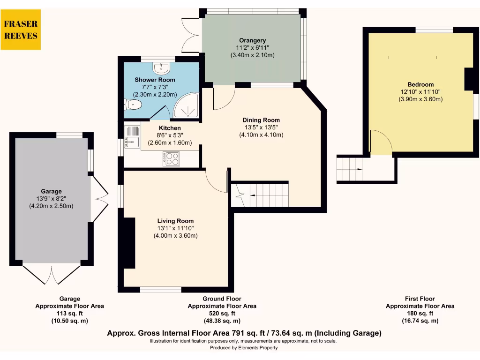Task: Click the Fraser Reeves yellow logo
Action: [x=21, y=30]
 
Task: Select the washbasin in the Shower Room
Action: [x=162, y=68]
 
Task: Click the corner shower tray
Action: [x=187, y=106]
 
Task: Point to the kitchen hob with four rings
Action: [x=172, y=159]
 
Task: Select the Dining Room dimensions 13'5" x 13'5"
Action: [x=261, y=127]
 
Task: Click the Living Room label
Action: [x=175, y=221]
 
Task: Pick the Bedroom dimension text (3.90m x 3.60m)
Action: [x=420, y=99]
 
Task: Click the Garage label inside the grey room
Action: [x=51, y=191]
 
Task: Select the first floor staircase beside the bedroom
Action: [x=350, y=169]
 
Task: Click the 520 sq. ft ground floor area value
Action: [x=222, y=314]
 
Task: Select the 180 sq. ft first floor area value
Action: [x=420, y=314]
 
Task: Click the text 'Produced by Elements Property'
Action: [x=243, y=348]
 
